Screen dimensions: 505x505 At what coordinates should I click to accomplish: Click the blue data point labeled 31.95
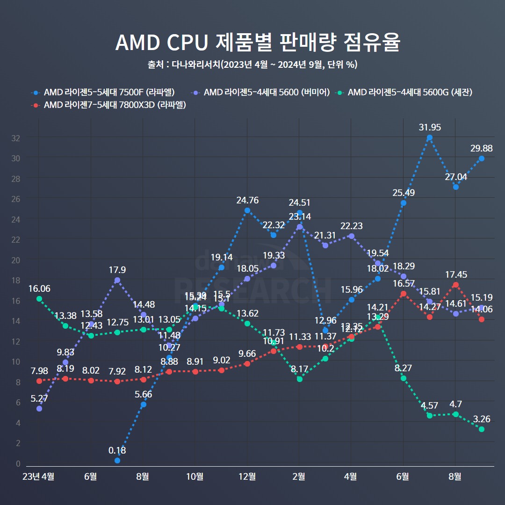[x=429, y=137]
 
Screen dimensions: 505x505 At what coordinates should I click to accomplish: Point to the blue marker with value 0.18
[x=117, y=461]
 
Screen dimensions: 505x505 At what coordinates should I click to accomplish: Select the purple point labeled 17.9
[x=117, y=280]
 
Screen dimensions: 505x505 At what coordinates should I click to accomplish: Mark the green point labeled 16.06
[x=39, y=298]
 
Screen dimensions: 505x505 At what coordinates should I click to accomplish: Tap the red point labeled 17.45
[x=455, y=285]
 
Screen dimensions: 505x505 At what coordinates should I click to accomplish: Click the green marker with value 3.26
[x=482, y=429]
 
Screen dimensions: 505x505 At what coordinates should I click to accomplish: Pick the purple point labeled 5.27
[x=39, y=409]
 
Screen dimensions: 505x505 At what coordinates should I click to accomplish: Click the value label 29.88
[x=482, y=148]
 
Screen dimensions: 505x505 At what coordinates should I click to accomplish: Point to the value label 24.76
[x=247, y=200]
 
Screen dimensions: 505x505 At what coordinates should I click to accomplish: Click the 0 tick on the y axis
[x=18, y=463]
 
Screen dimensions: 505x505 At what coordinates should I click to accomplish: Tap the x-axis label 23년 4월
[x=39, y=476]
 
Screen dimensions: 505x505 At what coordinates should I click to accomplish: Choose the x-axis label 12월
[x=247, y=476]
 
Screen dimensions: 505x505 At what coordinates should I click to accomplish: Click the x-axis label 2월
[x=299, y=476]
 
